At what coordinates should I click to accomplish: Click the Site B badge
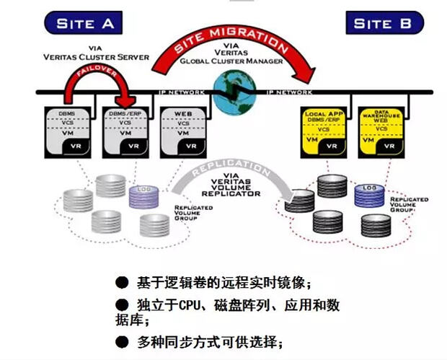click(384, 22)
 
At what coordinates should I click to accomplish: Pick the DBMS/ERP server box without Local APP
click(125, 131)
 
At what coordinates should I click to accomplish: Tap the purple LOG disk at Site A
click(143, 197)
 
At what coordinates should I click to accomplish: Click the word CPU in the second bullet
click(192, 305)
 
